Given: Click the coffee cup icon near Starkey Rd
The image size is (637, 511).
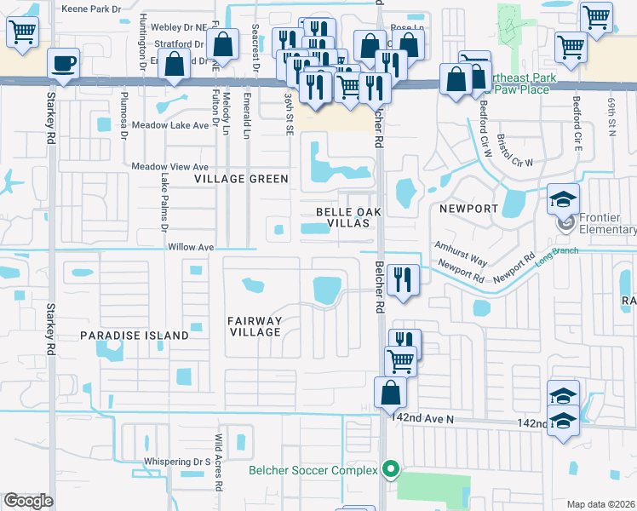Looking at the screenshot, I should [64, 62].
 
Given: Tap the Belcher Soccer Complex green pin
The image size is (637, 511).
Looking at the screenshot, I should [391, 469].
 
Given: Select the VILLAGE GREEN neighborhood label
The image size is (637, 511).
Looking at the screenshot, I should [241, 180].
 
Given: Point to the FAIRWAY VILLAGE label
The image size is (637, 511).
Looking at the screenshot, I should [255, 325].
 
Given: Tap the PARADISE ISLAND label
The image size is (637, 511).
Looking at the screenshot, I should [135, 336].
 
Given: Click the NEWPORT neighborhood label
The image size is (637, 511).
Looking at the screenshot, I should [468, 209].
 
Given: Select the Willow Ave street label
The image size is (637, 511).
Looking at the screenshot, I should [191, 247].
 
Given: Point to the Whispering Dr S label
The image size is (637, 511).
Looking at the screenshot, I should [176, 462].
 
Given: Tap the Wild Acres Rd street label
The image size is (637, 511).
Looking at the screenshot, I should [219, 463].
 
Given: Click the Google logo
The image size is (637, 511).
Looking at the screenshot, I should [28, 502].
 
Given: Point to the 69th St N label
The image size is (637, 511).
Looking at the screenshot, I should [611, 115].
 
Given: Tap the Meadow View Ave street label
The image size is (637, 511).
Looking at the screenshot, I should [169, 167].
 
